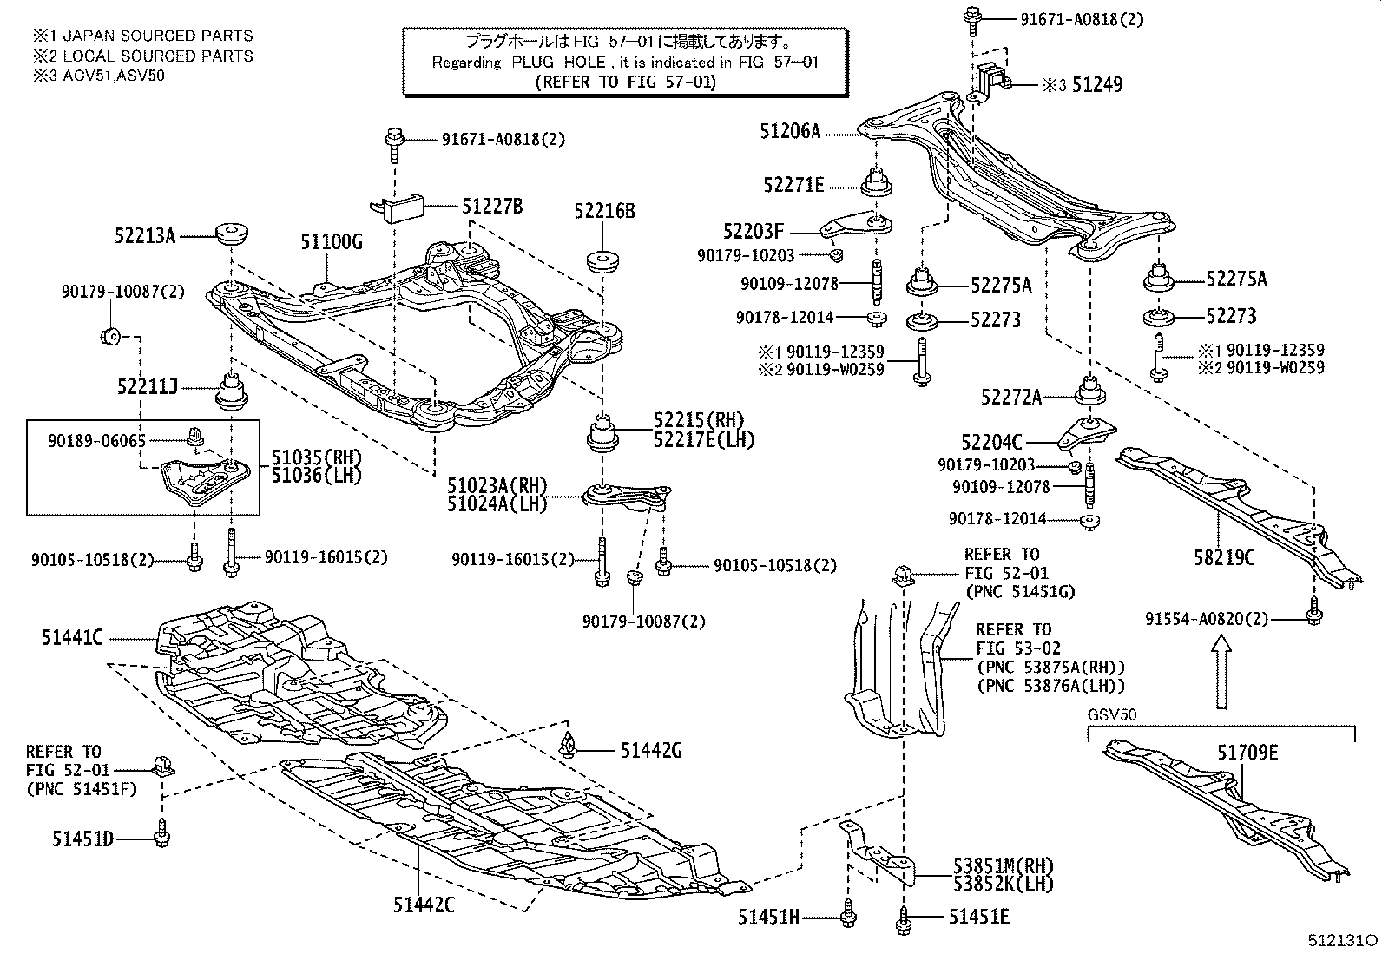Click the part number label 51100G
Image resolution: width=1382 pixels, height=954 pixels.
332,242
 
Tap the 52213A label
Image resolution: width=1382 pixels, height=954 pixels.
145,235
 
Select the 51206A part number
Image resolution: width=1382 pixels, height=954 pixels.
790,132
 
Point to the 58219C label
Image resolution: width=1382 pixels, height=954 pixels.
1224,557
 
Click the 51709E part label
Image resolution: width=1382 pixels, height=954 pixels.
1247,753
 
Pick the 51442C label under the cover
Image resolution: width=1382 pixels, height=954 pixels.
424,905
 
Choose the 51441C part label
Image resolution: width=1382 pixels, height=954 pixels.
72,638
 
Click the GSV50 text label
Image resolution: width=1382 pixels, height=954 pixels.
1111,714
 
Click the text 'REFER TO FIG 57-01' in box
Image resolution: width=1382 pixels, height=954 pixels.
625,82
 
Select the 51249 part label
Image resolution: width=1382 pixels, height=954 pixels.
1096,85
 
